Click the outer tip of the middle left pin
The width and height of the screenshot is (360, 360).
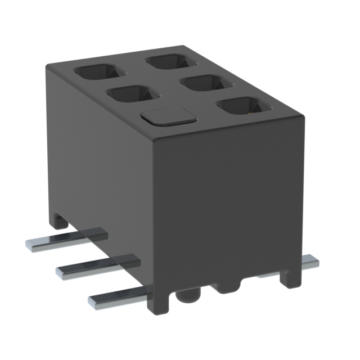tap(60, 273)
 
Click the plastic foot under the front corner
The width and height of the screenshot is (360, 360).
tap(157, 301)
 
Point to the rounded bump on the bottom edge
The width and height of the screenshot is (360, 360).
tap(228, 286)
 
